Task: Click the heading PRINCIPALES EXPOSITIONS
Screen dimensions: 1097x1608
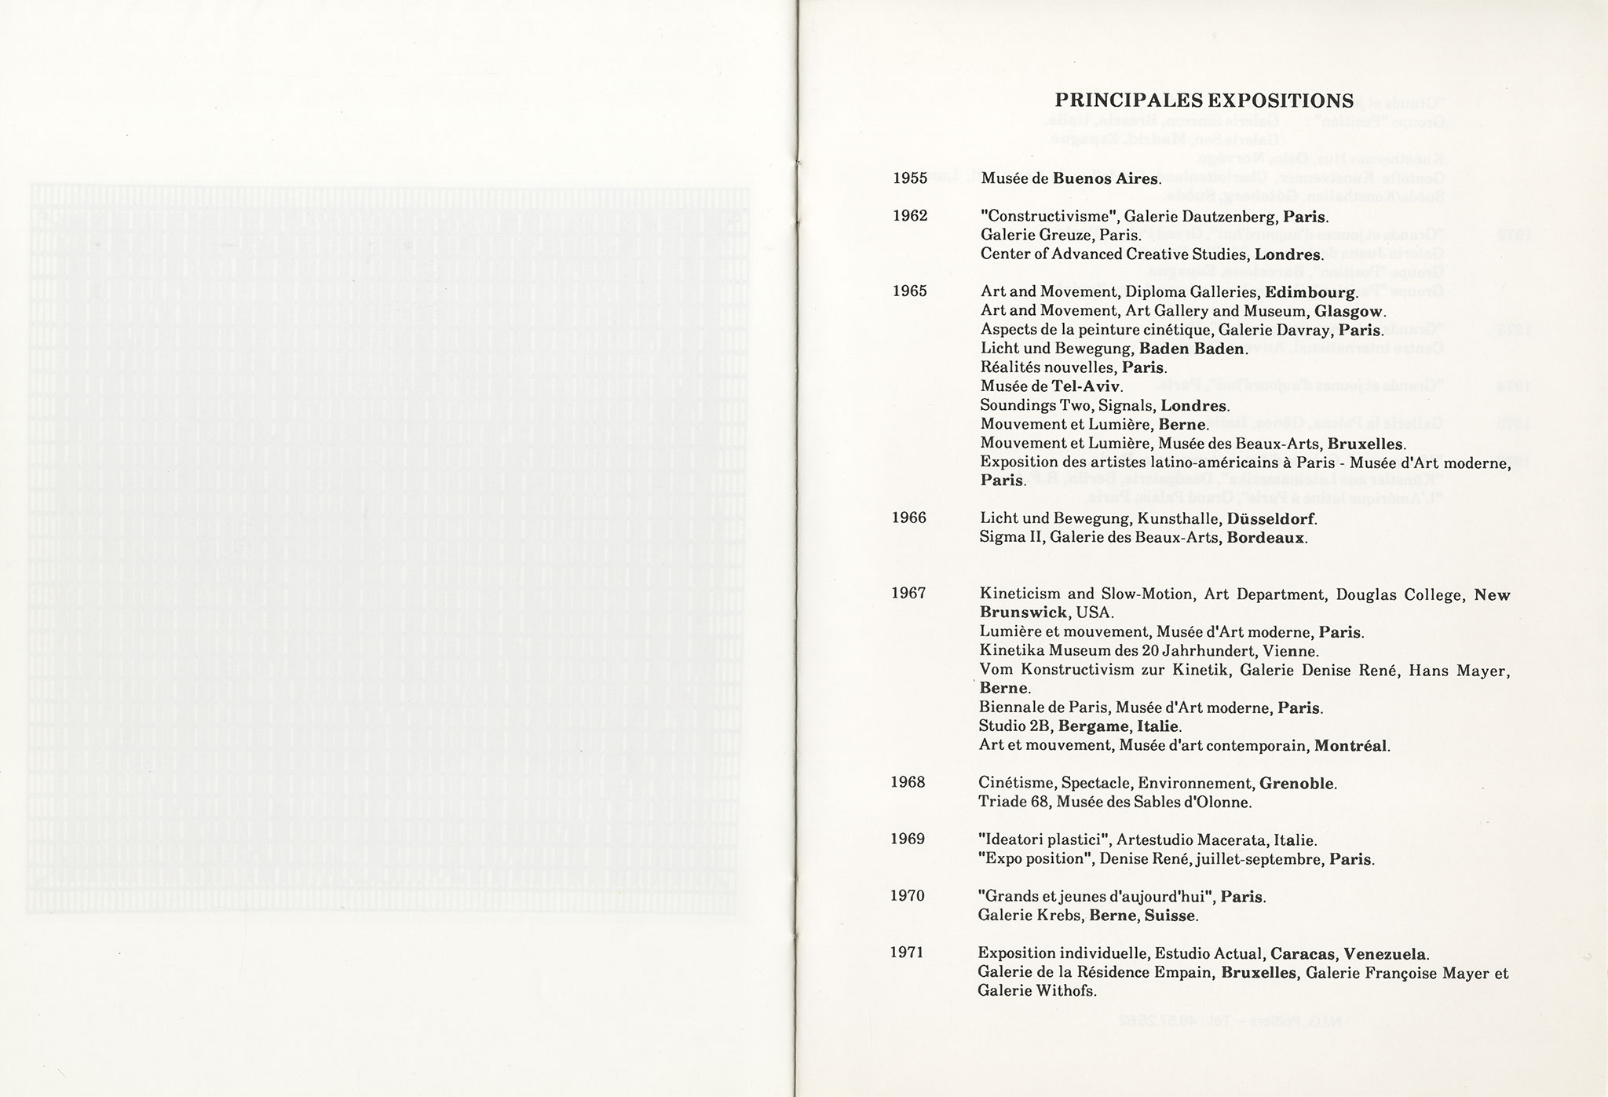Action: [x=1204, y=101]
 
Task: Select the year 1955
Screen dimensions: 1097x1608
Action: [x=910, y=177]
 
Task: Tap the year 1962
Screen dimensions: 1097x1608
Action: [x=910, y=215]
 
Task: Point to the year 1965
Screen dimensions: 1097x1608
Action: [x=910, y=291]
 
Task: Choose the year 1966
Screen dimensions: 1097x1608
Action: [x=909, y=517]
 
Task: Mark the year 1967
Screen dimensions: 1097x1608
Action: [x=908, y=593]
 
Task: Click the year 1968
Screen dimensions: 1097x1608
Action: [x=908, y=782]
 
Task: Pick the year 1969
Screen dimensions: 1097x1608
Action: [x=908, y=839]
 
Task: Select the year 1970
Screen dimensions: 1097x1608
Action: [x=908, y=896]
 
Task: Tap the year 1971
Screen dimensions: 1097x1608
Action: [x=907, y=953]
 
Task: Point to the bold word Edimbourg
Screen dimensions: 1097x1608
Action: [x=1312, y=293]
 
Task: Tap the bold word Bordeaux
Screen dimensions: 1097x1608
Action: [x=1266, y=538]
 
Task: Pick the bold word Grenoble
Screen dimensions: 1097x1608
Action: [x=1296, y=784]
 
